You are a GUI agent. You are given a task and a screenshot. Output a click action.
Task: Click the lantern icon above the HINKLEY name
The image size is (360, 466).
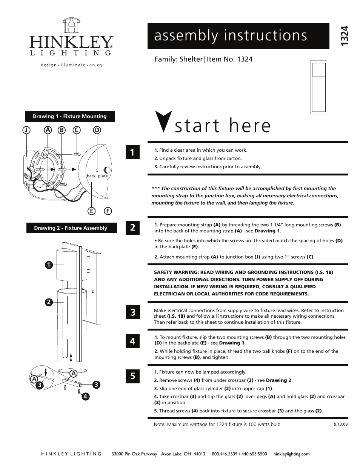click(x=71, y=25)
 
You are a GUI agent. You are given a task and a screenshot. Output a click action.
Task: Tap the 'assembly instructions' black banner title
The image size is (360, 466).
click(x=231, y=35)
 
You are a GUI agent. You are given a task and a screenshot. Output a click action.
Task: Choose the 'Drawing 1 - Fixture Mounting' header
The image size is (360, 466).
click(x=70, y=117)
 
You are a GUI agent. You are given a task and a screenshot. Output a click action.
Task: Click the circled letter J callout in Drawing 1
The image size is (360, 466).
click(x=26, y=130)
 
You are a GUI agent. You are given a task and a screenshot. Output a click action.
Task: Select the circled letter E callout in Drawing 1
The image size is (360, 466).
click(x=91, y=211)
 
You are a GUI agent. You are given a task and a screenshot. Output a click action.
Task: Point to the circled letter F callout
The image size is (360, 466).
click(x=108, y=211)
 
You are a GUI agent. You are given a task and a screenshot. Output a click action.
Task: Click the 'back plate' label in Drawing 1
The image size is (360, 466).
click(x=97, y=176)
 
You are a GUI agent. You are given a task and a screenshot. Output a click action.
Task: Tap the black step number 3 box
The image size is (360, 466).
click(x=132, y=312)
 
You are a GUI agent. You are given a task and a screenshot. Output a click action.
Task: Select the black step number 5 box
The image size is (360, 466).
click(x=132, y=376)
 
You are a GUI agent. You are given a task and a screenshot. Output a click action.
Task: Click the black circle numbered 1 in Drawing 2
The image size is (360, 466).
click(x=48, y=265)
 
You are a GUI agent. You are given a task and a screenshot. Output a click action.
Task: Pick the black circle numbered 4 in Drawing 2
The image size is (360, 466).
click(x=86, y=396)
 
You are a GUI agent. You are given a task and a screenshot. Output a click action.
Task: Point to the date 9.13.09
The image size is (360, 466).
click(x=340, y=424)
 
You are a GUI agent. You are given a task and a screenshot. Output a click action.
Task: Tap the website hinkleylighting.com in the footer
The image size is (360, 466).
click(x=291, y=454)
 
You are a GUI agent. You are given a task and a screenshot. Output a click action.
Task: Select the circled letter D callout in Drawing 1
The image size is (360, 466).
click(x=97, y=130)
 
